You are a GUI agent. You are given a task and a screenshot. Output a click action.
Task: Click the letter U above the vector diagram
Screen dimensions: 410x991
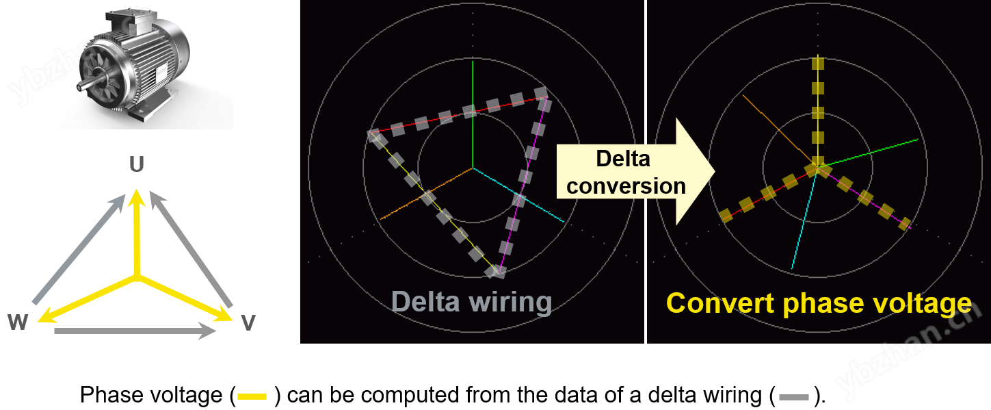(x=137, y=164)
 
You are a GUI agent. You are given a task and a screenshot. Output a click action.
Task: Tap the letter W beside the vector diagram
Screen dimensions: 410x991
(x=18, y=322)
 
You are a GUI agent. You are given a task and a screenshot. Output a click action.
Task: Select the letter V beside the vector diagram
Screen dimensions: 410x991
(x=248, y=322)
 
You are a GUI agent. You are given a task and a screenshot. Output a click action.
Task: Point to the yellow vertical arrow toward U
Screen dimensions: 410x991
(x=137, y=233)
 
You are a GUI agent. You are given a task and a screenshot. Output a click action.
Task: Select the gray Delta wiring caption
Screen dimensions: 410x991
(x=471, y=302)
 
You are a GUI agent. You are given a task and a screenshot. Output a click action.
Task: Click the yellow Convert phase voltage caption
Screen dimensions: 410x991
(x=819, y=303)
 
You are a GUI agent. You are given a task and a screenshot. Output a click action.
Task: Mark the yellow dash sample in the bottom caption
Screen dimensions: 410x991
(x=252, y=396)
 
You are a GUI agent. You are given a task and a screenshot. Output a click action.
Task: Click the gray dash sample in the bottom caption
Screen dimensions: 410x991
(x=793, y=396)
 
